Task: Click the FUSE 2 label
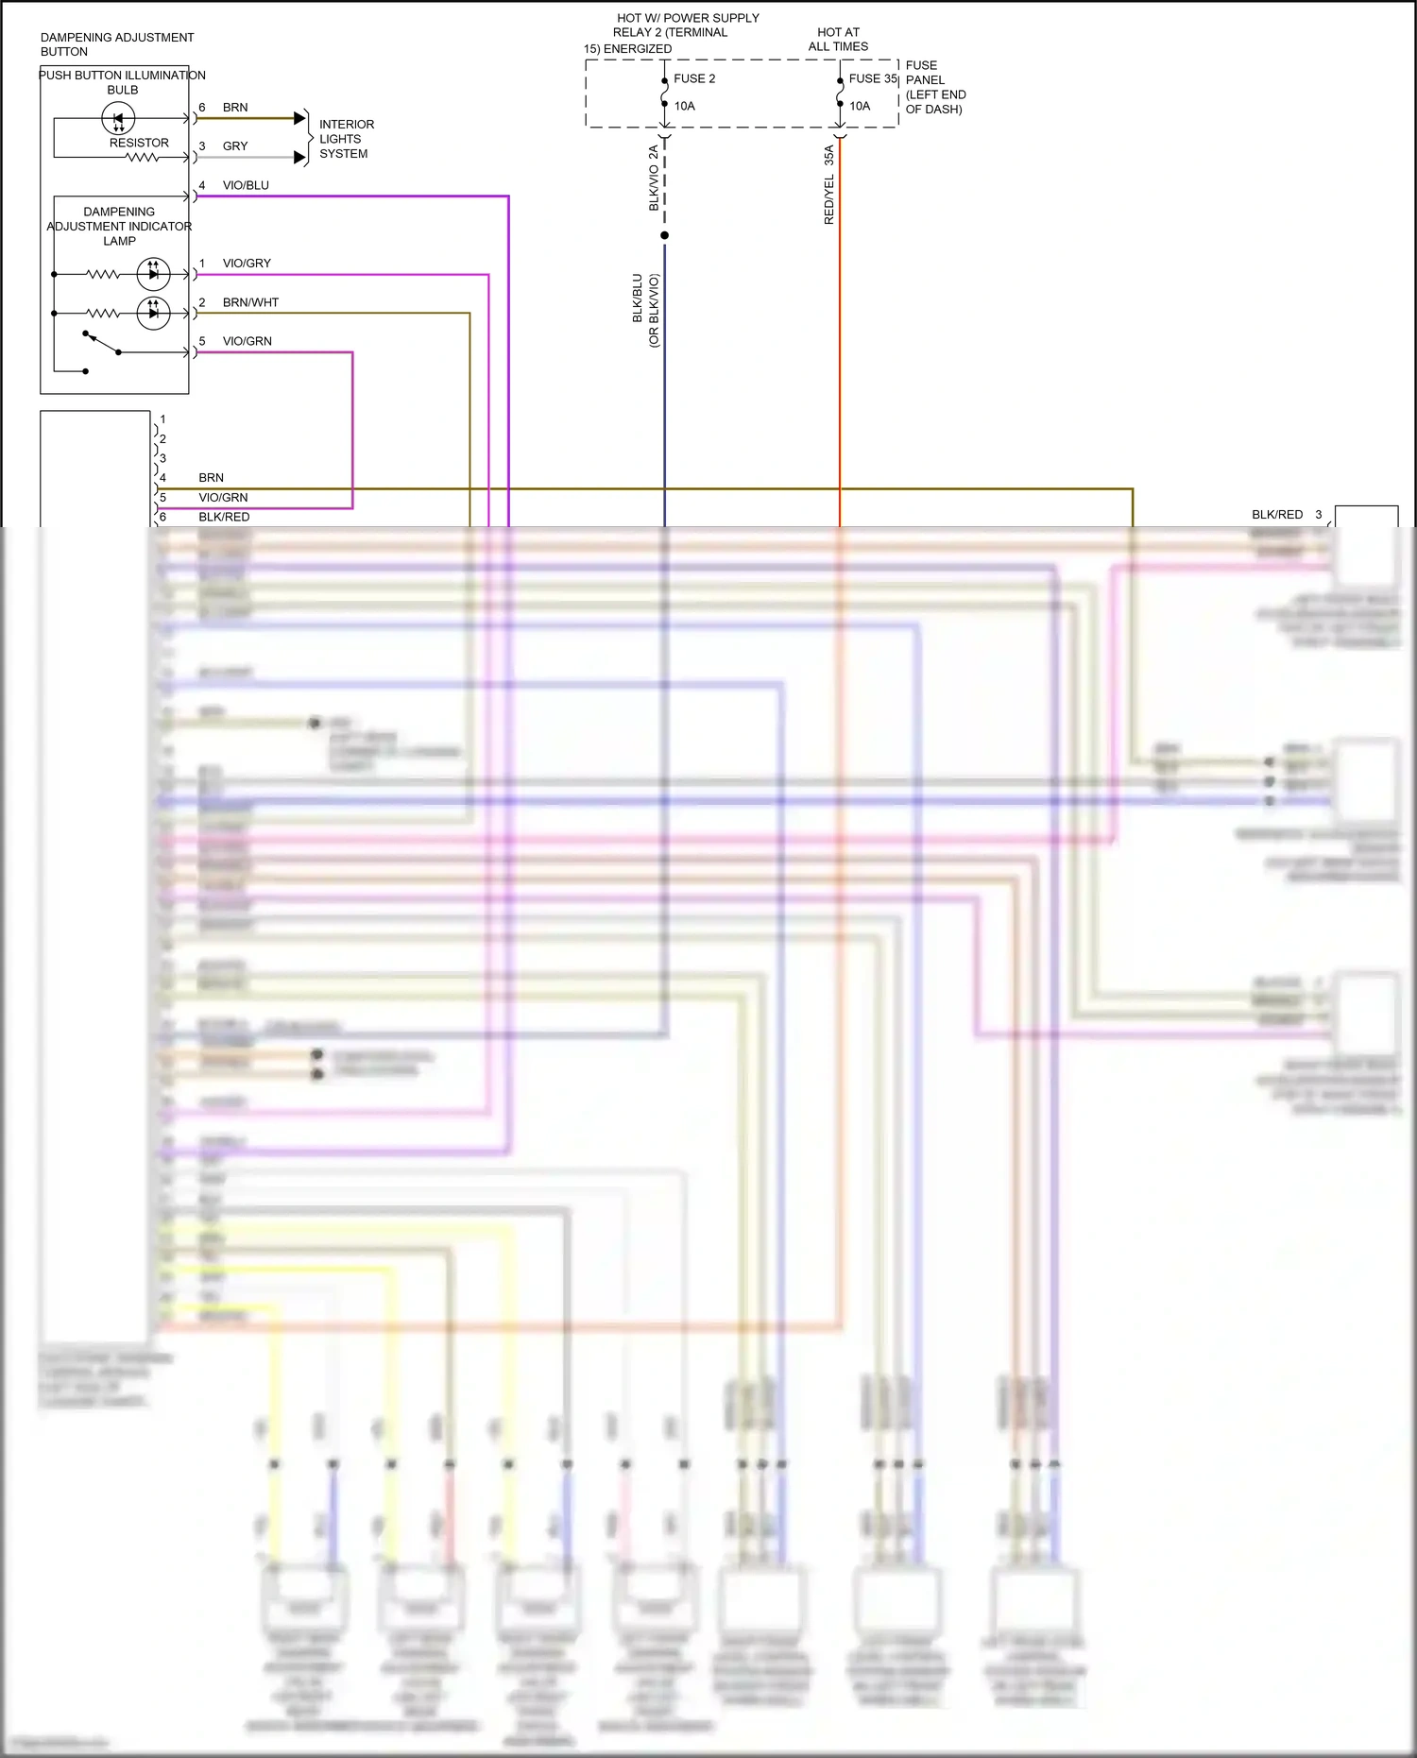click(693, 78)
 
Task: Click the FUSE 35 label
click(872, 78)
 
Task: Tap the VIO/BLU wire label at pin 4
click(246, 185)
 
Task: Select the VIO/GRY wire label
click(247, 264)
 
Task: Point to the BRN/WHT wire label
click(250, 302)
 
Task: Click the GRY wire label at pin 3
click(235, 146)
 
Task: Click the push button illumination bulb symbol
click(118, 119)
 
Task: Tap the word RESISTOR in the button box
click(139, 143)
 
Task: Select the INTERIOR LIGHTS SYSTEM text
click(346, 139)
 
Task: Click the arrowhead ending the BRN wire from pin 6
click(300, 118)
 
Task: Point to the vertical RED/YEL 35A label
click(829, 185)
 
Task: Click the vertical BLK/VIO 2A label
click(654, 179)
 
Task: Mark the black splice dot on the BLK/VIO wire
click(664, 235)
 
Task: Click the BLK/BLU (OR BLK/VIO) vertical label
click(645, 310)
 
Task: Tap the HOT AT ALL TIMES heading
click(838, 39)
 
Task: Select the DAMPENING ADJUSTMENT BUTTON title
click(116, 44)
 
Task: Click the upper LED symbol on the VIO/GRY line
click(153, 274)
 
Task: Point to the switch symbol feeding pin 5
click(102, 343)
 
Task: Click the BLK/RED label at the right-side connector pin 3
click(1276, 515)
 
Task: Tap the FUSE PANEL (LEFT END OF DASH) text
click(934, 87)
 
